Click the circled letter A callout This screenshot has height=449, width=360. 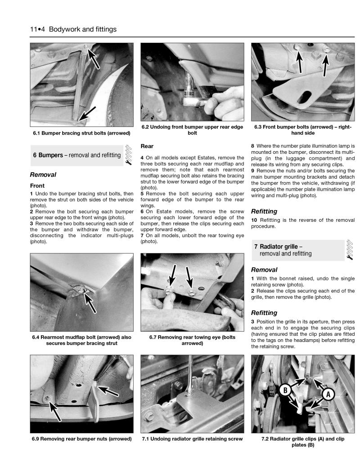[x=328, y=394]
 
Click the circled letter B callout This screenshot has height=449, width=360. [x=284, y=390]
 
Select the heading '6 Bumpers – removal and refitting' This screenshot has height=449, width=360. [x=76, y=155]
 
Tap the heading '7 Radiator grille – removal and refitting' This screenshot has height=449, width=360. [x=285, y=250]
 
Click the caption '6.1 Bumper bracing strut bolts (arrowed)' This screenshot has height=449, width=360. [x=81, y=133]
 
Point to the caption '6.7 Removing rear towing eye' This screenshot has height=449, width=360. [x=193, y=340]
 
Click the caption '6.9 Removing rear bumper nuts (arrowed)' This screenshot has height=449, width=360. [x=81, y=439]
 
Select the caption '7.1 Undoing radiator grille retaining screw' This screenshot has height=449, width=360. [x=193, y=439]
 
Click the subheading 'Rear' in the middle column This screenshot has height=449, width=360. [x=147, y=146]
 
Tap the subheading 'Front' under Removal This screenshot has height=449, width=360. [x=38, y=185]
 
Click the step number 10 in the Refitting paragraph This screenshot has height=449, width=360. [x=254, y=220]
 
